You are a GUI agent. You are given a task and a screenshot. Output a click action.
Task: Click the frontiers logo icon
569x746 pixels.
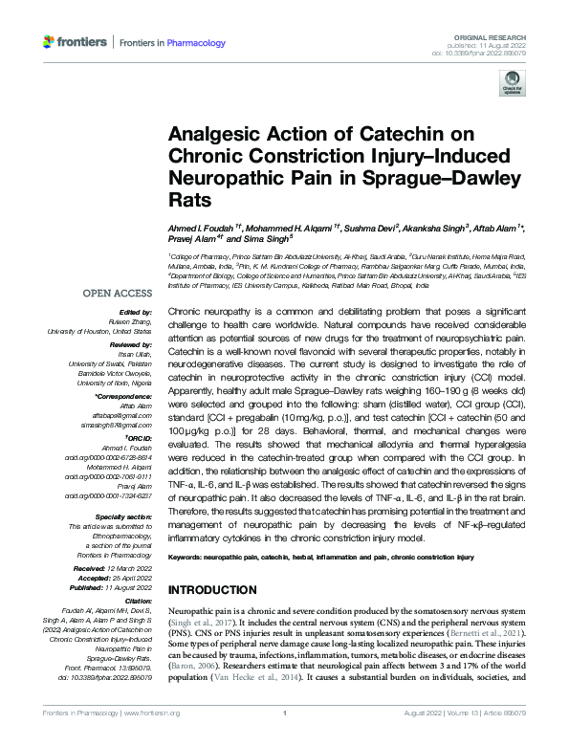pos(50,42)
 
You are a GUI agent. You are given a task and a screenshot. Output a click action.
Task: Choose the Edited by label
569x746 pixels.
pos(136,313)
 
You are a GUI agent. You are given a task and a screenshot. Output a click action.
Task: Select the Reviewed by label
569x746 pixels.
pos(131,341)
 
